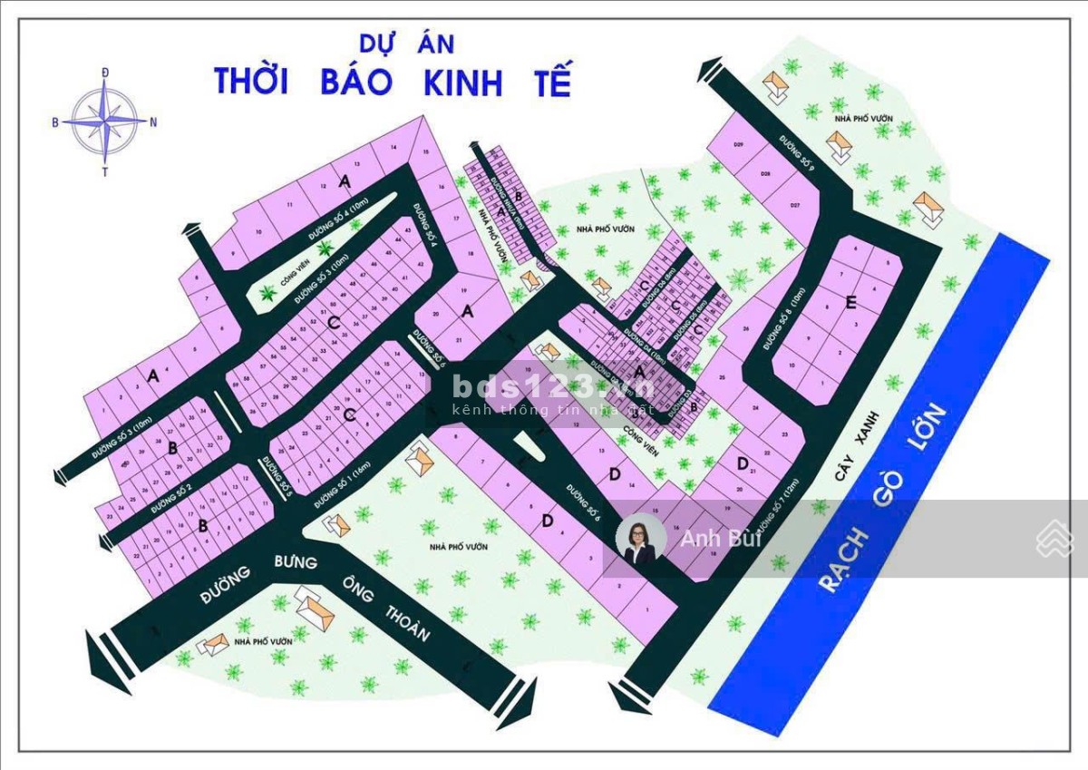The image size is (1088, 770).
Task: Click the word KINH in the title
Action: pyautogui.click(x=462, y=82)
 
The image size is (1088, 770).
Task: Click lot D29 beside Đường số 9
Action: pyautogui.click(x=739, y=146)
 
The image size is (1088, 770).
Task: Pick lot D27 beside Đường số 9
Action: pyautogui.click(x=794, y=207)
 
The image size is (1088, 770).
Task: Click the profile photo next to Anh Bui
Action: pyautogui.click(x=641, y=541)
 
